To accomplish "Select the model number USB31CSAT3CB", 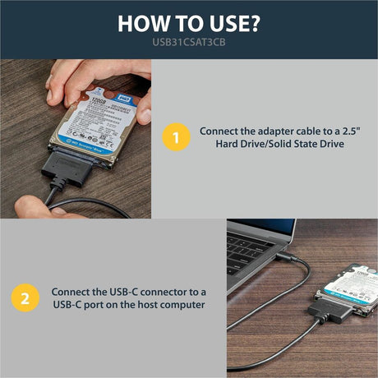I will [x=188, y=44].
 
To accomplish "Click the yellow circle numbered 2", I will [x=24, y=298].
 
